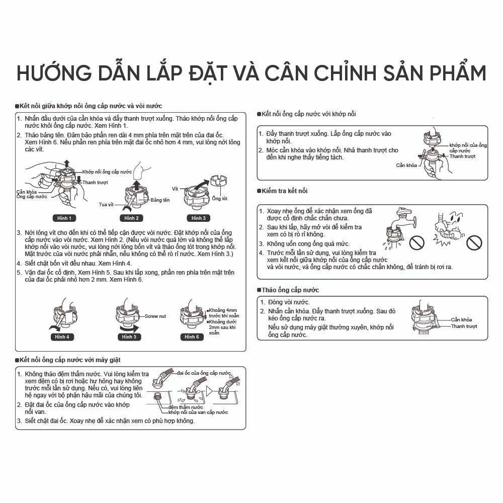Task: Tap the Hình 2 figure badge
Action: [x=131, y=218]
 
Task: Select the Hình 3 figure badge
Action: [x=199, y=218]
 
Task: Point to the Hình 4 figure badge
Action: [x=62, y=337]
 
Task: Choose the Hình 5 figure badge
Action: [x=129, y=337]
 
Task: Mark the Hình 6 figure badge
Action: [x=192, y=337]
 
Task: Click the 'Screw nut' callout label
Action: [x=155, y=316]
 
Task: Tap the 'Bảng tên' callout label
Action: [x=160, y=200]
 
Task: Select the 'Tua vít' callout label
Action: [x=106, y=204]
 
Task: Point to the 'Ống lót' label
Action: [x=219, y=199]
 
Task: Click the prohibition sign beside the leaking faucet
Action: [x=416, y=242]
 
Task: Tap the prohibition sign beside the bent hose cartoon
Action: [x=474, y=242]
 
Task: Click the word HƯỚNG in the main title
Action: [x=54, y=73]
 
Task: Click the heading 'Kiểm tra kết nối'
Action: [x=284, y=191]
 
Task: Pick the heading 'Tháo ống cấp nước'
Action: [x=290, y=290]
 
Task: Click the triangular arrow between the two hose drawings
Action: [x=209, y=391]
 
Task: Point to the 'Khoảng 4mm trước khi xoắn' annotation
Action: [x=224, y=313]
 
